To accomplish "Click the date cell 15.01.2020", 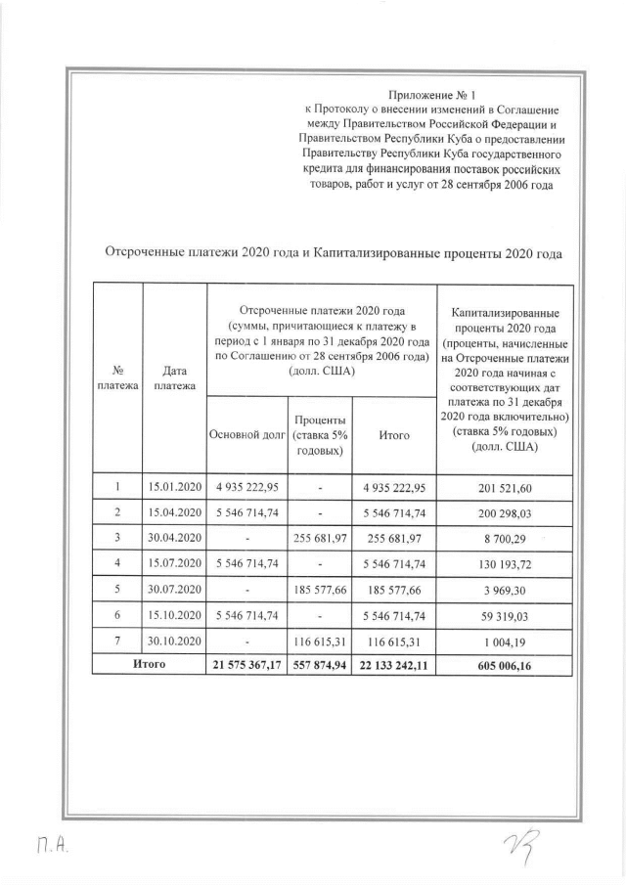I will click(174, 486).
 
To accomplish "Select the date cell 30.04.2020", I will click(174, 537).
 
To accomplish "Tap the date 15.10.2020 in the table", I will click(174, 613).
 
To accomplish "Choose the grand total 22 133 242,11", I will click(394, 664).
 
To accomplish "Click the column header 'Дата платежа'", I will click(174, 378).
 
